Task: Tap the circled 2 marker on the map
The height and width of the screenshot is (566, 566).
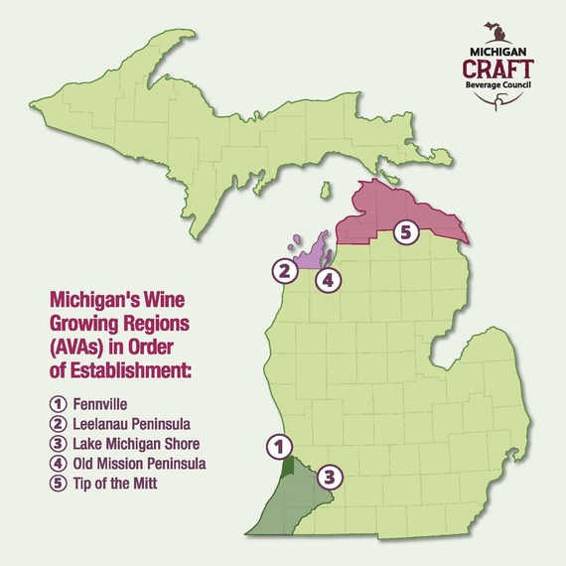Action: (x=284, y=269)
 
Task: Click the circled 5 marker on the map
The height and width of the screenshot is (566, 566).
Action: (x=403, y=232)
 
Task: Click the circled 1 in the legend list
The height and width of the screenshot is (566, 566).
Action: (x=58, y=405)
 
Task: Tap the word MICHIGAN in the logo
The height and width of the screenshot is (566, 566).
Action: (x=498, y=49)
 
